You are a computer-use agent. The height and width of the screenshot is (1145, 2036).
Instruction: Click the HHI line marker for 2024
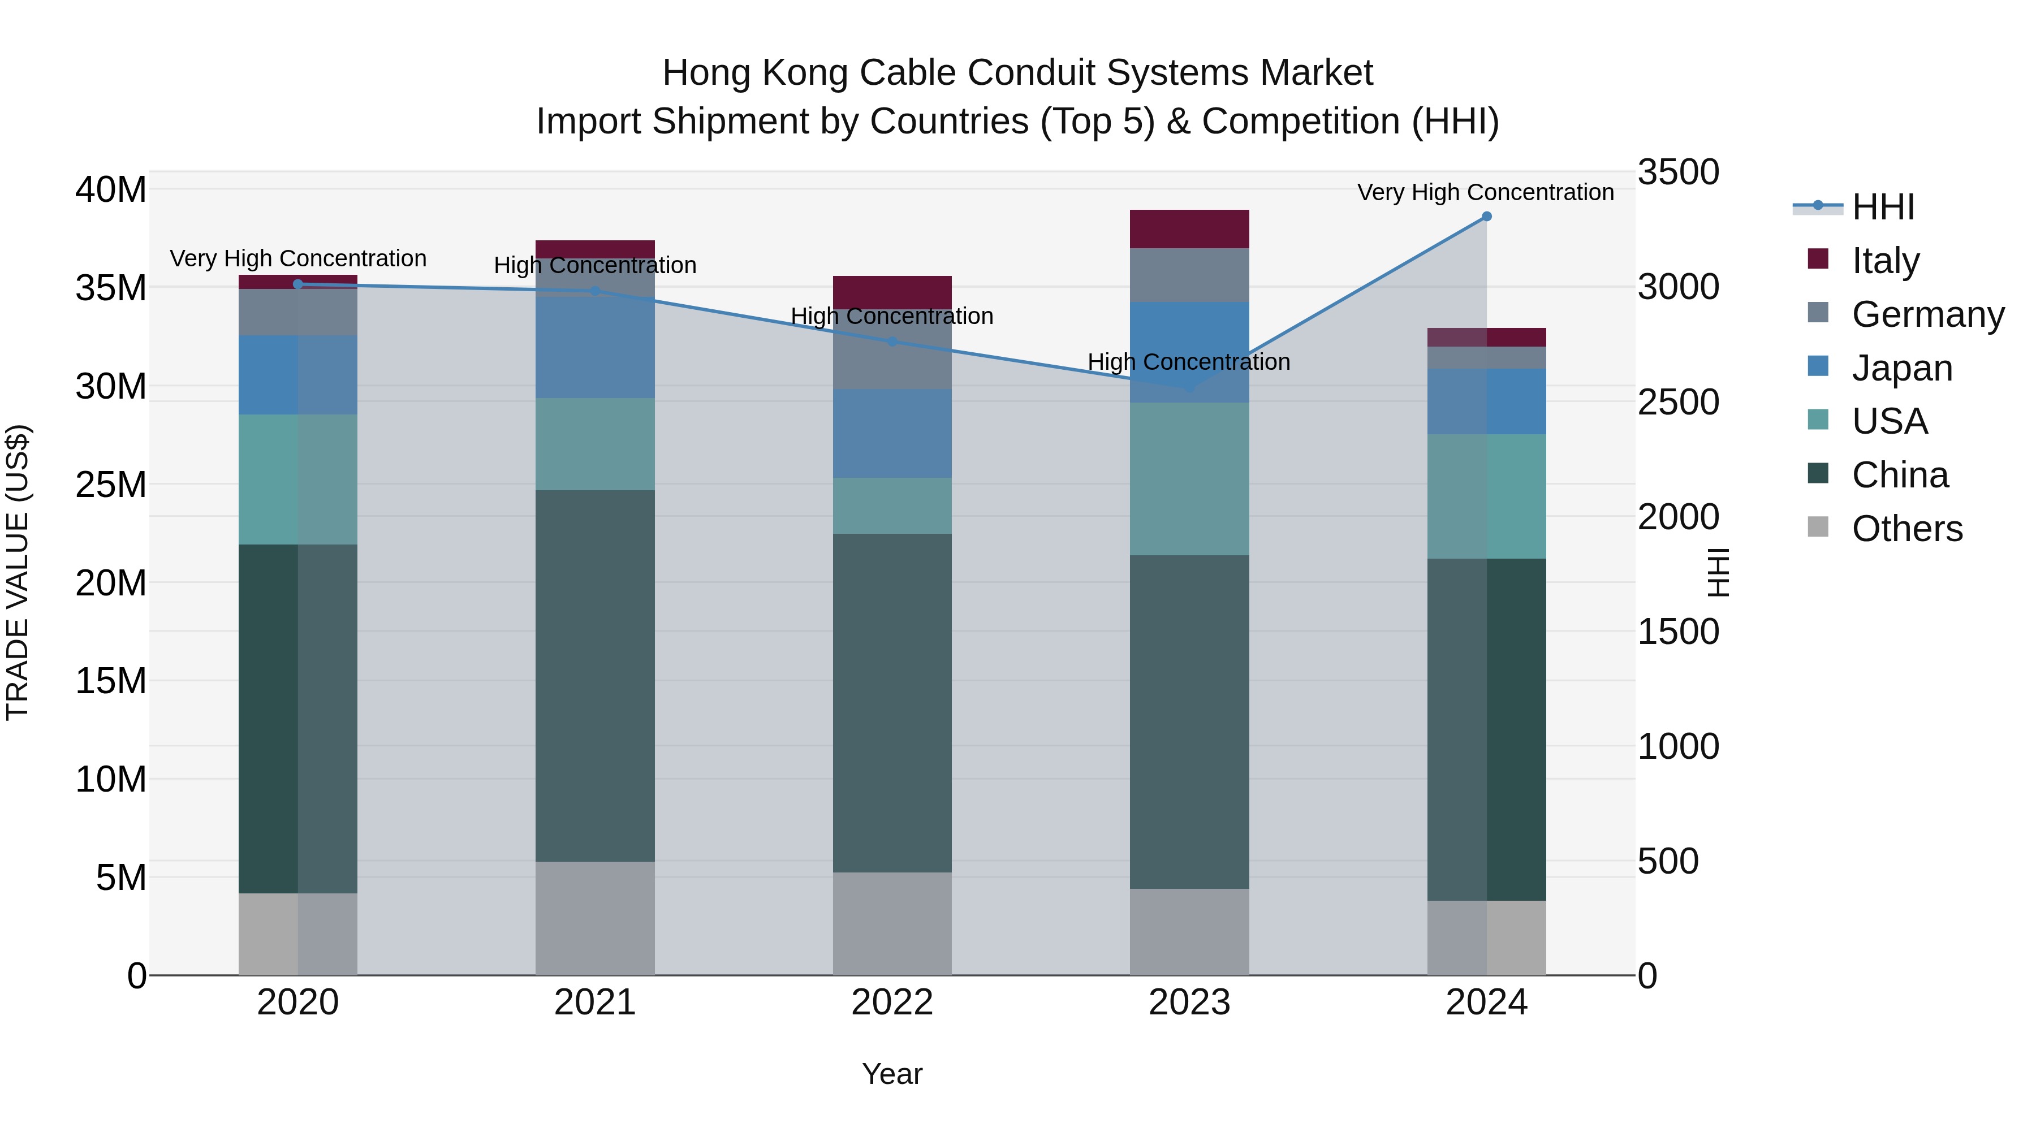pyautogui.click(x=1486, y=217)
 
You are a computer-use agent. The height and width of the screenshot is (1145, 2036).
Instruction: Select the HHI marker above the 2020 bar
pyautogui.click(x=298, y=284)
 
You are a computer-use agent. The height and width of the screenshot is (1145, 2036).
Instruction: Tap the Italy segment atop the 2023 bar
pyautogui.click(x=1189, y=229)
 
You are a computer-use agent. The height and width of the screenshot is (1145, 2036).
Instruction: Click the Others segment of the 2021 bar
pyautogui.click(x=595, y=918)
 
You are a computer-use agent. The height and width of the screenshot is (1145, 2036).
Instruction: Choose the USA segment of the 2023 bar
pyautogui.click(x=1189, y=479)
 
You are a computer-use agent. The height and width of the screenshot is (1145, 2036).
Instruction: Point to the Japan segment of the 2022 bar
pyautogui.click(x=892, y=433)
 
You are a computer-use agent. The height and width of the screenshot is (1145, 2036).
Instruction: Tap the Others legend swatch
pyautogui.click(x=1818, y=527)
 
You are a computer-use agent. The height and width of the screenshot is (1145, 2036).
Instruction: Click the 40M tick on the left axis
pyautogui.click(x=111, y=189)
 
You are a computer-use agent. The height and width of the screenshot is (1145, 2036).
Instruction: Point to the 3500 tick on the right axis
pyautogui.click(x=1678, y=172)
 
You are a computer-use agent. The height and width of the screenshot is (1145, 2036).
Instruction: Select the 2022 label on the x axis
pyautogui.click(x=892, y=1003)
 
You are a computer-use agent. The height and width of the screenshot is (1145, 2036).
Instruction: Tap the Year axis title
pyautogui.click(x=892, y=1074)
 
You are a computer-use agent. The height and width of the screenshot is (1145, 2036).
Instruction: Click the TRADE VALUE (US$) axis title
pyautogui.click(x=18, y=572)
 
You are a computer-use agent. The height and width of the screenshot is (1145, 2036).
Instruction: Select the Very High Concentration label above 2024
pyautogui.click(x=1485, y=192)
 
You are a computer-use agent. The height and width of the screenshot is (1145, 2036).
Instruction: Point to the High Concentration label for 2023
pyautogui.click(x=1189, y=362)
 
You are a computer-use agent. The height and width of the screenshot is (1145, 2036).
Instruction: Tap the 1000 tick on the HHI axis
pyautogui.click(x=1678, y=747)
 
